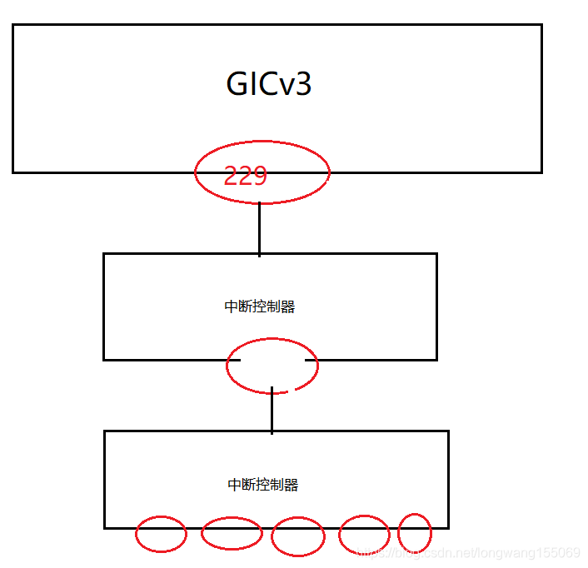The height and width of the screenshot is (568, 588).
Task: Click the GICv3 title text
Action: click(x=269, y=84)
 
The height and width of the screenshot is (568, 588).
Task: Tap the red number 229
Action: click(x=245, y=176)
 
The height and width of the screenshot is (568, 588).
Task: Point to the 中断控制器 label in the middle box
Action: click(x=260, y=306)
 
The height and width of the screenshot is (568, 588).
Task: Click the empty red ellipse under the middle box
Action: click(x=272, y=365)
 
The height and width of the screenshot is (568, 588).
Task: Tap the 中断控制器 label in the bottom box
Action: click(x=263, y=485)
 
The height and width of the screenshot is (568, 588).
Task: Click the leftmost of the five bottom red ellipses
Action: click(x=161, y=534)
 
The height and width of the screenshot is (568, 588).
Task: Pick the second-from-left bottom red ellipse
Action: click(x=232, y=533)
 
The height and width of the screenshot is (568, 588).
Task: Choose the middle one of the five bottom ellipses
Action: click(x=298, y=536)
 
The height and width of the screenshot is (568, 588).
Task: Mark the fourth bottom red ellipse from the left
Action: click(x=364, y=535)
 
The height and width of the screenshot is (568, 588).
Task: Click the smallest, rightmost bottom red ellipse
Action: click(x=415, y=532)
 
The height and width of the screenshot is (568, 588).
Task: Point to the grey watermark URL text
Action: click(x=466, y=552)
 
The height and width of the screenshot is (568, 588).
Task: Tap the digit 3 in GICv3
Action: click(x=302, y=84)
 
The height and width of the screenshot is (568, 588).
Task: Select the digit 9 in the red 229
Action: click(x=258, y=176)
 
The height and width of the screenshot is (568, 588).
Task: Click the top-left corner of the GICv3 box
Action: click(x=13, y=25)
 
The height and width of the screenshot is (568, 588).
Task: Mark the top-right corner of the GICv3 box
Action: click(x=541, y=25)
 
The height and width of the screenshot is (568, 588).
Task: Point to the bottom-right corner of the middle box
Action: click(x=436, y=359)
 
